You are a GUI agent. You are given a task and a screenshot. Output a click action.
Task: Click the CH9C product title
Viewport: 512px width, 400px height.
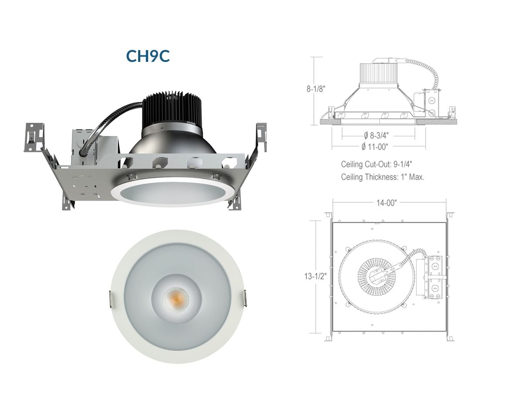(148, 56)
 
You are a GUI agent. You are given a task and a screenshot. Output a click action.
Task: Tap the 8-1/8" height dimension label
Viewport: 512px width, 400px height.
(316, 89)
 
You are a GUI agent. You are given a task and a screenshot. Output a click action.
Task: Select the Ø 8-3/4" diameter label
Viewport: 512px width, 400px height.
(376, 135)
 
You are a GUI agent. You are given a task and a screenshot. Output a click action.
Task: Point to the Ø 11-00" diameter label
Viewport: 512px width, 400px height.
(375, 146)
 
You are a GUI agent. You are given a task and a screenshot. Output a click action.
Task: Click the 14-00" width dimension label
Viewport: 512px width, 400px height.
(386, 203)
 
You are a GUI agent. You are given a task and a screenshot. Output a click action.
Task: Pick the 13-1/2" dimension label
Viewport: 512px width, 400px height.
(315, 276)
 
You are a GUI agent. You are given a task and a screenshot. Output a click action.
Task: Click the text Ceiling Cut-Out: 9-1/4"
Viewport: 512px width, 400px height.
(374, 164)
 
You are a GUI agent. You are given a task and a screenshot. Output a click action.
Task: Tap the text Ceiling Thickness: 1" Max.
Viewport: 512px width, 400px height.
(383, 177)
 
